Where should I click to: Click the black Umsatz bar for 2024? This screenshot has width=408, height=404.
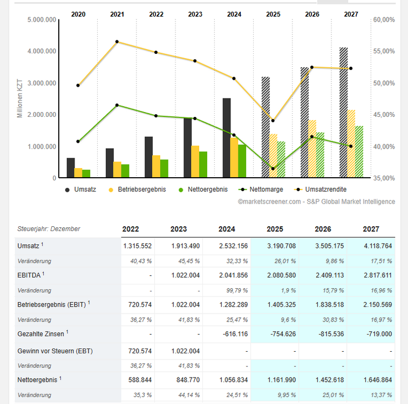click(227, 138)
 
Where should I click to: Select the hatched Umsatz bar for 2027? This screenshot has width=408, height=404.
click(343, 113)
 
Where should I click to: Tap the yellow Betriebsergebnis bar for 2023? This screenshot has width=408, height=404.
click(195, 161)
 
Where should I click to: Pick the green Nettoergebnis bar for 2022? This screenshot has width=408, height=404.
click(164, 168)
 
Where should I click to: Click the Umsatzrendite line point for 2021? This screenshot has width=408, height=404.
click(117, 41)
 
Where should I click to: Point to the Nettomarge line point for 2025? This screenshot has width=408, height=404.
click(273, 169)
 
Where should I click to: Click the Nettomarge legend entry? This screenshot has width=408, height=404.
click(261, 190)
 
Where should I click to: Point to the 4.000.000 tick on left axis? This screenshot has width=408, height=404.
click(43, 51)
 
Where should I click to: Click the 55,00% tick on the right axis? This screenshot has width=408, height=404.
click(384, 51)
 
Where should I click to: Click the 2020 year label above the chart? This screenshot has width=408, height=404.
click(78, 15)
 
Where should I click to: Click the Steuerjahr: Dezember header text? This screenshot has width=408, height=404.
click(49, 229)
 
